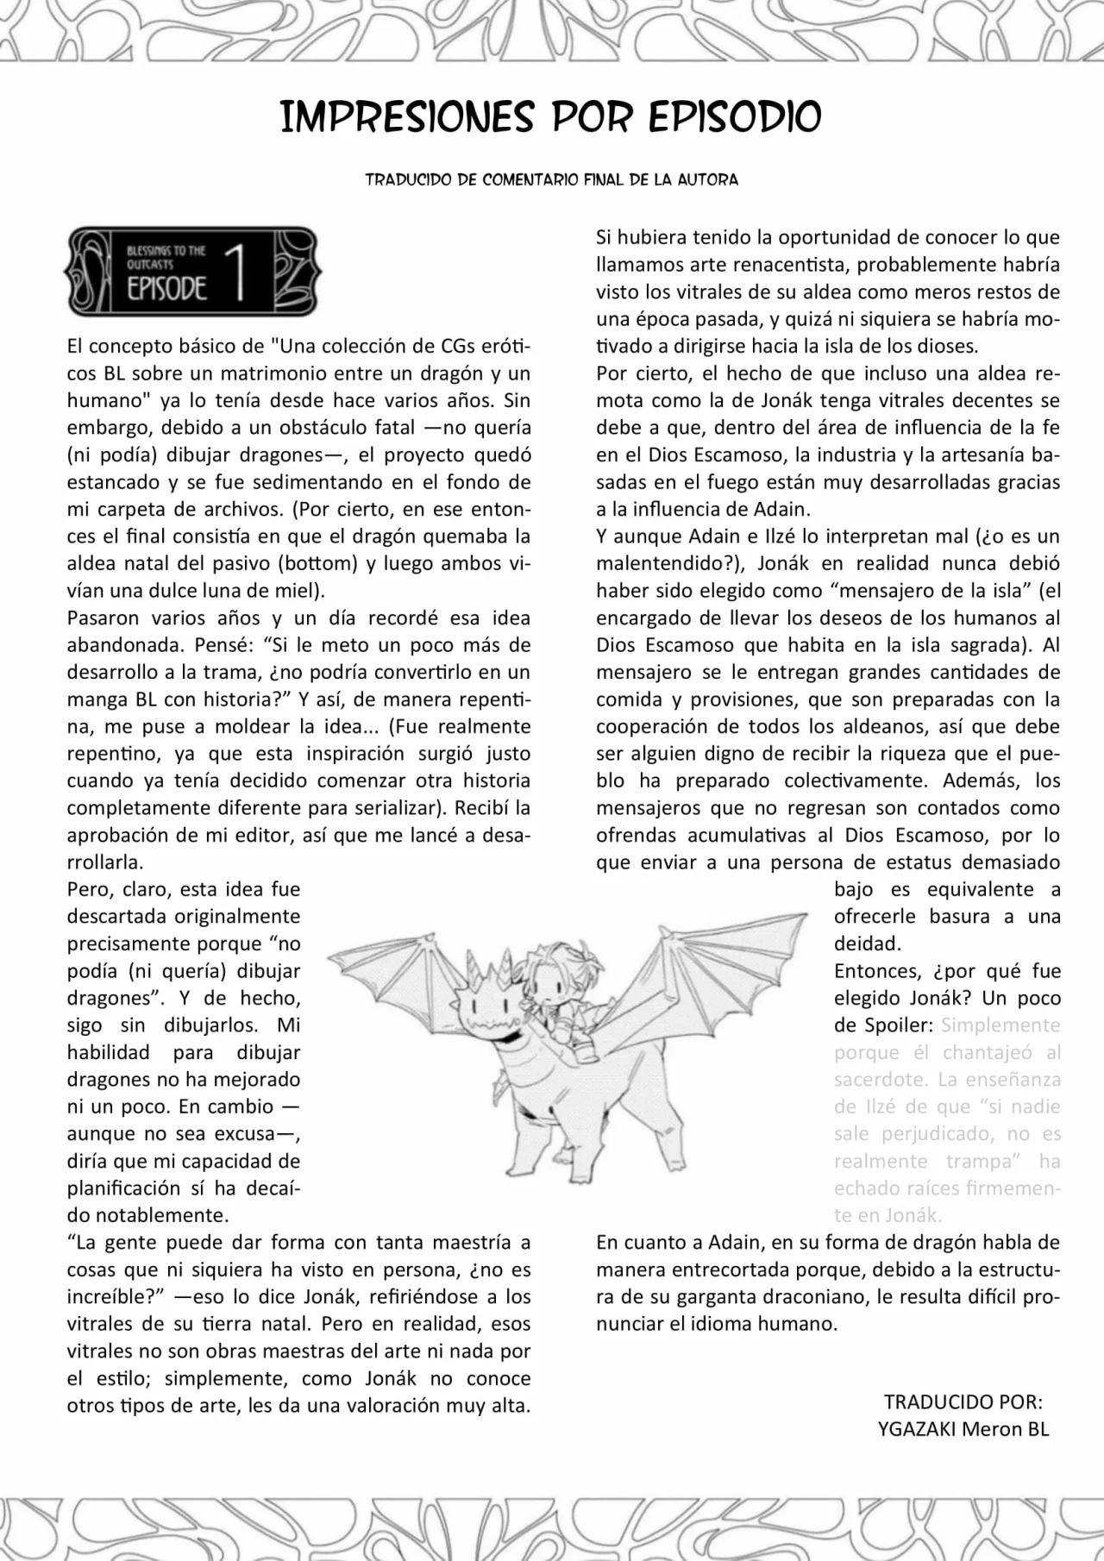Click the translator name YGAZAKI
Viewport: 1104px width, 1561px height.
click(916, 1429)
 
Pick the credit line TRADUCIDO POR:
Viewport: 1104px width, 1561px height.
click(963, 1401)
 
